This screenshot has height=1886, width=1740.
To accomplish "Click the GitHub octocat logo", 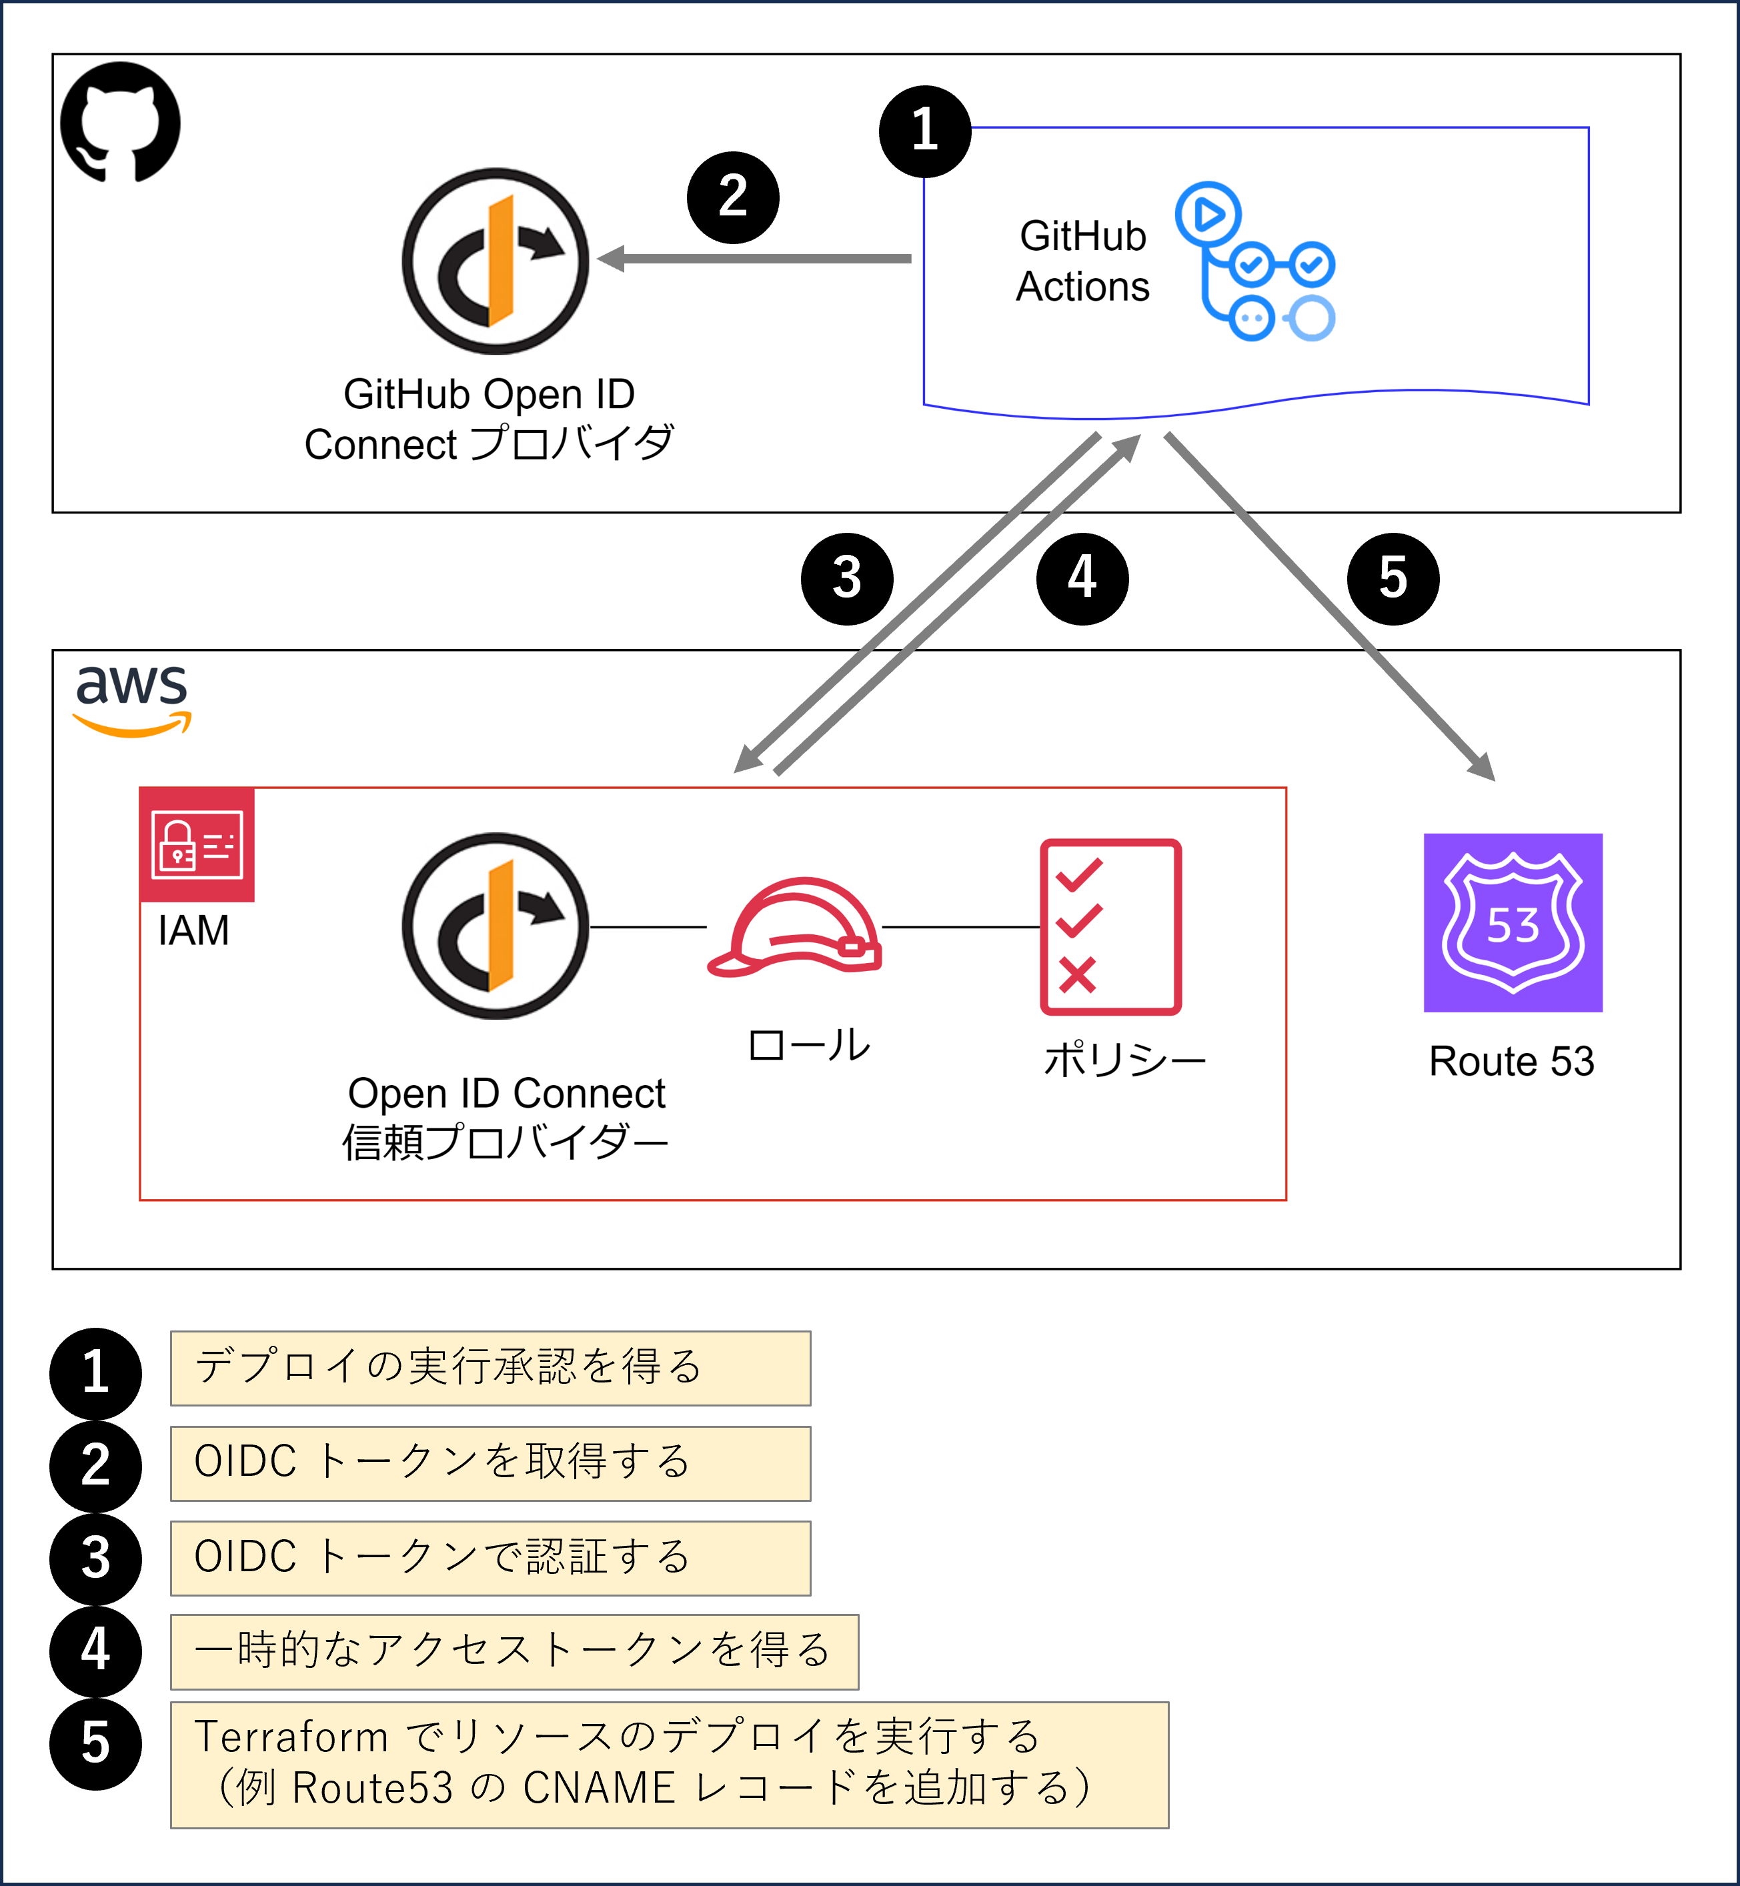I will tap(119, 123).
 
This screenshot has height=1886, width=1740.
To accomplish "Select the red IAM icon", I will tap(197, 844).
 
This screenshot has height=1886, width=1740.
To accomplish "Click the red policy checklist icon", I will tap(1110, 926).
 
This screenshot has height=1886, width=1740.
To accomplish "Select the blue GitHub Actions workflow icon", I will tap(1256, 262).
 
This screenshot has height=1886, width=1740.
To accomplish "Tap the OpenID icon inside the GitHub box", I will tap(496, 261).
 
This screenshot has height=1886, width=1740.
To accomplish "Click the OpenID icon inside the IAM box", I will tap(496, 926).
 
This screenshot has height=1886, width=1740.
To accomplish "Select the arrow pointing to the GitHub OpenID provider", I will tap(753, 258).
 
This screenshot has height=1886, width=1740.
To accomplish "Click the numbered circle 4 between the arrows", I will tap(1082, 578).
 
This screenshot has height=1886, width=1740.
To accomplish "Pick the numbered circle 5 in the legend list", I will tap(95, 1744).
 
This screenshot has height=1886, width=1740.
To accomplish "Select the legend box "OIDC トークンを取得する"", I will tap(490, 1463).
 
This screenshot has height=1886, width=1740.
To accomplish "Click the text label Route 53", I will tap(1511, 1061).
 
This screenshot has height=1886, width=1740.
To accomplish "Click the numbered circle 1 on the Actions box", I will tap(924, 131).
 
